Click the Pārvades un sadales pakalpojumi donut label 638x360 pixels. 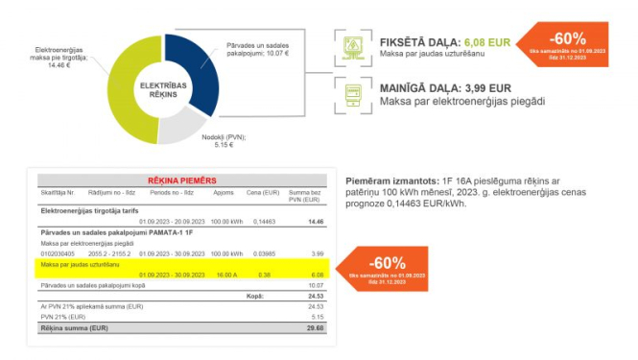[257, 49]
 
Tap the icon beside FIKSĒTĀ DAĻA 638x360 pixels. [353, 48]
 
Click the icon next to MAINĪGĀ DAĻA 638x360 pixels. [353, 94]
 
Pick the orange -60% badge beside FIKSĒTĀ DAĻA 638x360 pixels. [565, 45]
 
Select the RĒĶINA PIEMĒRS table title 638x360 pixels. [181, 180]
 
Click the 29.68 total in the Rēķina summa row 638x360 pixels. [316, 328]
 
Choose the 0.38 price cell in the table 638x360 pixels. [265, 274]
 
